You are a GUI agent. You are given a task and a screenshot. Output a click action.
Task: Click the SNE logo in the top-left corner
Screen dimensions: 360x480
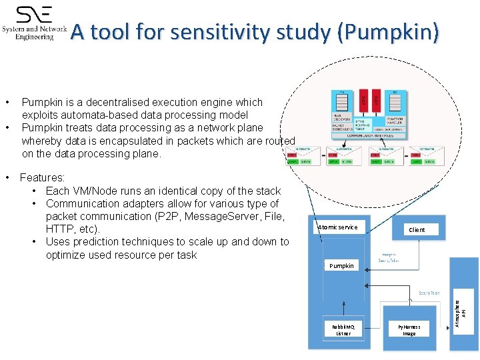pyautogui.click(x=35, y=23)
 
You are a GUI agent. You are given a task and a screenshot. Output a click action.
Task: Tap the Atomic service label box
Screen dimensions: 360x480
pyautogui.click(x=338, y=227)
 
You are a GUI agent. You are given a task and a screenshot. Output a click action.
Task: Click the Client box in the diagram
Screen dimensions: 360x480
pyautogui.click(x=417, y=229)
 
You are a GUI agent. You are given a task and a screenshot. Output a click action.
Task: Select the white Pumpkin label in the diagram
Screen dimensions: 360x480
pyautogui.click(x=341, y=265)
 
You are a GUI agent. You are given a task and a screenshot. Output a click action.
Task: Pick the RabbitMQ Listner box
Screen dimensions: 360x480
pyautogui.click(x=343, y=329)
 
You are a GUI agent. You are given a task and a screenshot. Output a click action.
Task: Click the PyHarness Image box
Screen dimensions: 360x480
pyautogui.click(x=409, y=329)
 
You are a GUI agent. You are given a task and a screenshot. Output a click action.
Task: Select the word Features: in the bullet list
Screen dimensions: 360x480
pyautogui.click(x=43, y=178)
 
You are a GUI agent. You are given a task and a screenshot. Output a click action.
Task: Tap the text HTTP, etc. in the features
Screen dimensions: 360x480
pyautogui.click(x=73, y=229)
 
